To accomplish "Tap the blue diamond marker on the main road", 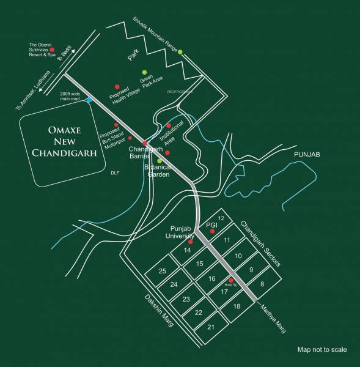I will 89,100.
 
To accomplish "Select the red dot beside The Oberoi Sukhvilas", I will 52,50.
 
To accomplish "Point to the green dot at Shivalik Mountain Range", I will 180,52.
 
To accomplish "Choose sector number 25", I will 162,271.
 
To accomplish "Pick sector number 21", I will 211,328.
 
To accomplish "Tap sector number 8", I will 262,284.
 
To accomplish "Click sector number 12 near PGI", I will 222,218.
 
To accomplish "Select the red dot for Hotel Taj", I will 231,280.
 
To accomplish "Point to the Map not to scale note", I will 322,350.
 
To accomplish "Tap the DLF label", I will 114,173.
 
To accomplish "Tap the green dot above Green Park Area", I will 145,72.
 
